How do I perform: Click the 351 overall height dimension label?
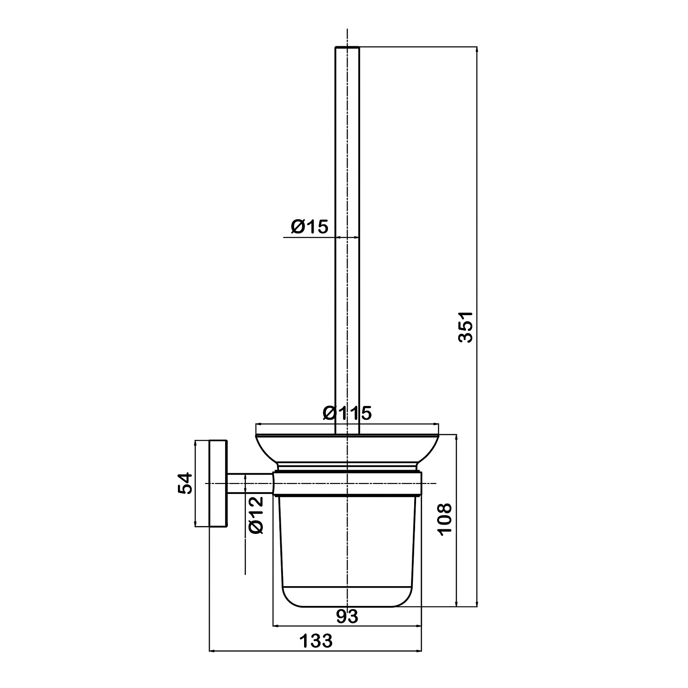pyautogui.click(x=466, y=327)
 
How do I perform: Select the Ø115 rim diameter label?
pyautogui.click(x=347, y=413)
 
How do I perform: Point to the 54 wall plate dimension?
pyautogui.click(x=184, y=483)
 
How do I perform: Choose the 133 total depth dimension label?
pyautogui.click(x=316, y=641)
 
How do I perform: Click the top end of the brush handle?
pyautogui.click(x=347, y=47)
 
